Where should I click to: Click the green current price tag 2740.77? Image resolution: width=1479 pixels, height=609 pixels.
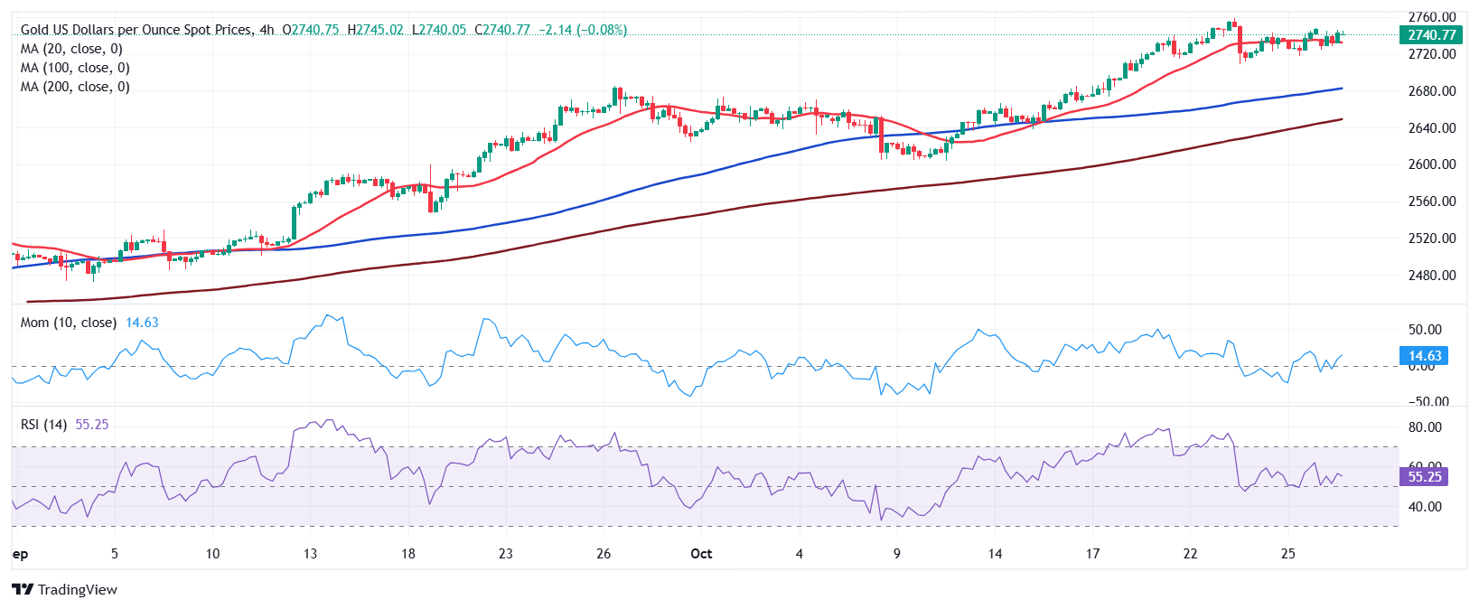(x=1431, y=35)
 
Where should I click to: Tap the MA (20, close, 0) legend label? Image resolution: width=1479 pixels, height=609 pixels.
(x=71, y=49)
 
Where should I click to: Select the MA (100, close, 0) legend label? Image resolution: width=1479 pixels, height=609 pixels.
(x=75, y=68)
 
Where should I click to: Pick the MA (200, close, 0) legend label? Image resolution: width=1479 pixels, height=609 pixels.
(x=75, y=87)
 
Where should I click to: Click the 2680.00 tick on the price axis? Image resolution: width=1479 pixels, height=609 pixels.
(x=1432, y=91)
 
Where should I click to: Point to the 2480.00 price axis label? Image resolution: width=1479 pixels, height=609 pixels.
(x=1432, y=276)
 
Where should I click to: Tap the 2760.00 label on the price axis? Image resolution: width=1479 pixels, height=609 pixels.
(x=1432, y=17)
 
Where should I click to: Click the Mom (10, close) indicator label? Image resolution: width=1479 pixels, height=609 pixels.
(x=69, y=323)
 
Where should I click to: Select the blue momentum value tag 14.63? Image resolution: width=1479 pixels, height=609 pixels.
(x=1424, y=356)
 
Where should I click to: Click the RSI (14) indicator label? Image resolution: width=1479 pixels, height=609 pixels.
(x=43, y=425)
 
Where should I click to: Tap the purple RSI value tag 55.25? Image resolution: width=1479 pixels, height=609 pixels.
(x=1424, y=477)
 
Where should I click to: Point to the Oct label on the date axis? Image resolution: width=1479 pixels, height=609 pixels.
(x=701, y=554)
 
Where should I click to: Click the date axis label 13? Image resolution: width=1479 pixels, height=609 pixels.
(x=310, y=554)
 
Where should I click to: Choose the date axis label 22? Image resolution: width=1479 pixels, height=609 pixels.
(x=1190, y=554)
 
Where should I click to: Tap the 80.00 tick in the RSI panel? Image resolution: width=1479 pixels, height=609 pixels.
(x=1425, y=427)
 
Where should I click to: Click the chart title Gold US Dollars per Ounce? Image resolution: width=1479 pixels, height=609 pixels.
(x=136, y=30)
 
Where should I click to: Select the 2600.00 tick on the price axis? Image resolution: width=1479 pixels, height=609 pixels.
(x=1432, y=164)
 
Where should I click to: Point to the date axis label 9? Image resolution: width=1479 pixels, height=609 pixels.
(x=896, y=554)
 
